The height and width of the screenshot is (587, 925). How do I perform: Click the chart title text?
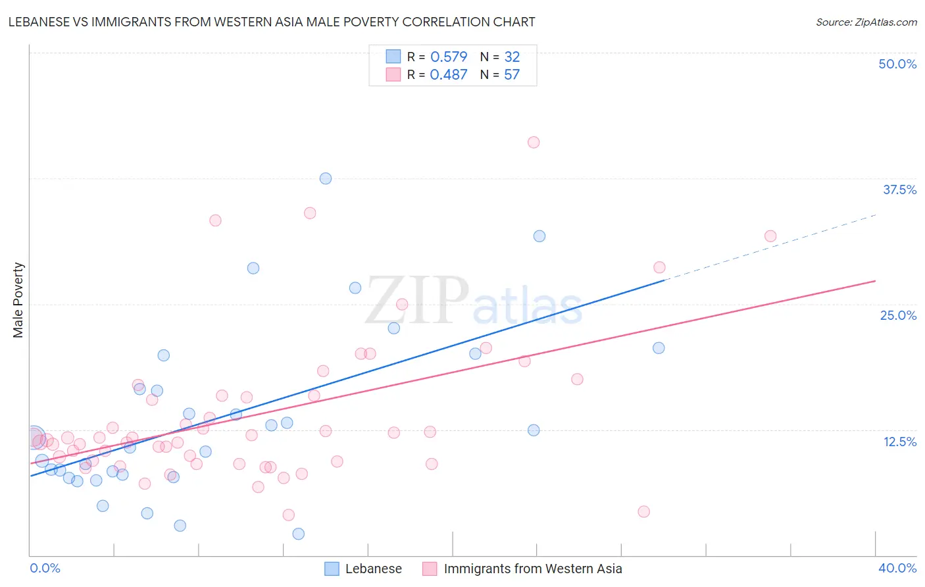click(x=272, y=22)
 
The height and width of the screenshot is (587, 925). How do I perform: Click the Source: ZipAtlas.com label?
click(x=866, y=22)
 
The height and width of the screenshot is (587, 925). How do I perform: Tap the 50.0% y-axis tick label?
click(x=897, y=64)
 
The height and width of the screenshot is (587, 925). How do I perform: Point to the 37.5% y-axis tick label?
click(x=899, y=190)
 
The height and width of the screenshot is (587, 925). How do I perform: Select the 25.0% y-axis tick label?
click(x=898, y=315)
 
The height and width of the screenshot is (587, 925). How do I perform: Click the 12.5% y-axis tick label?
click(x=899, y=442)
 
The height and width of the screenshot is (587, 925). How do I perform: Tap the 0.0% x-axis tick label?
click(x=45, y=568)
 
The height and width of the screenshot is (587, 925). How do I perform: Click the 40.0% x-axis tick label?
click(x=897, y=568)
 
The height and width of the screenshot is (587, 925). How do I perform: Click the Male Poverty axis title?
click(x=18, y=300)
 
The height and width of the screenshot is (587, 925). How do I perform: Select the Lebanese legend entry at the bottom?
click(x=373, y=569)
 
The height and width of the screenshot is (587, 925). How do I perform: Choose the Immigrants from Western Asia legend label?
click(x=532, y=569)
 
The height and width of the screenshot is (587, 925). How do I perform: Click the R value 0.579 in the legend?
click(x=449, y=57)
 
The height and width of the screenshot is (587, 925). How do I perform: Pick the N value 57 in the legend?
click(x=512, y=75)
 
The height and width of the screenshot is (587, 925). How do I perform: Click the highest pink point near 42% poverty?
click(x=534, y=142)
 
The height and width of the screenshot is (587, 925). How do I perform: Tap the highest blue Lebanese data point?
click(x=326, y=178)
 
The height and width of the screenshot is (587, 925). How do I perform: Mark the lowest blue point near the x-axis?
click(x=299, y=534)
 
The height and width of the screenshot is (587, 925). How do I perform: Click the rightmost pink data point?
click(x=770, y=236)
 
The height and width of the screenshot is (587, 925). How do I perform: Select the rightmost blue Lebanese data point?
click(x=659, y=348)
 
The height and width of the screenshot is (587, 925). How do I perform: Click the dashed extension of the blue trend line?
click(x=770, y=247)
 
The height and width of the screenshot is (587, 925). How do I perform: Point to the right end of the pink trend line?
click(x=874, y=281)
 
